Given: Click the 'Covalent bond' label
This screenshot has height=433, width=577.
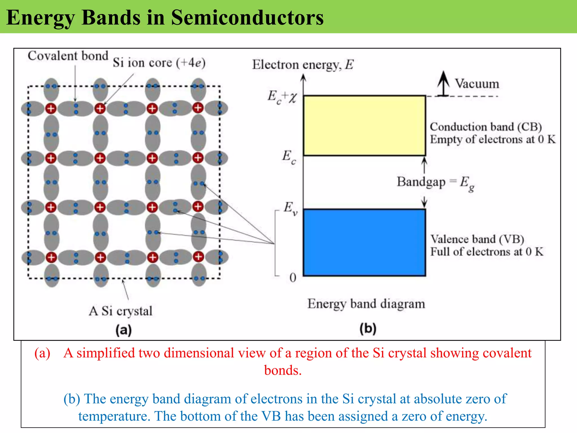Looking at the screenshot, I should click(x=68, y=56).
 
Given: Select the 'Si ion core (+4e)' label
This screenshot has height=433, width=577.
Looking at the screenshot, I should click(x=159, y=63).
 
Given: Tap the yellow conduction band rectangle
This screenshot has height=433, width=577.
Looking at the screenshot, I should click(x=364, y=125).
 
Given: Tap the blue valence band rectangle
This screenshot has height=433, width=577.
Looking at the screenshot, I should click(x=364, y=242).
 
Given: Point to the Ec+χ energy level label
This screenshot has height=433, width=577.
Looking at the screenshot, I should click(x=282, y=97).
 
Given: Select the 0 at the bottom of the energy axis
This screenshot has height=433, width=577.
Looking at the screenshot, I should click(x=293, y=278).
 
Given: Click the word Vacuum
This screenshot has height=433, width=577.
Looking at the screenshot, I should click(x=477, y=84).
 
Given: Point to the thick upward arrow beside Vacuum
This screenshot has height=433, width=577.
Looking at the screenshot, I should click(x=443, y=83).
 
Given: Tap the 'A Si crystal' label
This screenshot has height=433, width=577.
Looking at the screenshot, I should click(x=120, y=311).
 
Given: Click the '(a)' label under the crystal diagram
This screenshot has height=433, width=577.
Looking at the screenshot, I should click(x=123, y=330).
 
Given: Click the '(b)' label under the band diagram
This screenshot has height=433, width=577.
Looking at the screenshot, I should click(x=368, y=328).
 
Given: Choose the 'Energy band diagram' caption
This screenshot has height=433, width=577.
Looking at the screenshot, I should click(x=366, y=304).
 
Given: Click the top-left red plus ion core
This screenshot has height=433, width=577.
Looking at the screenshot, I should click(x=51, y=109).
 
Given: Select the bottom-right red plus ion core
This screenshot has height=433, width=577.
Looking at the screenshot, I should click(x=198, y=257).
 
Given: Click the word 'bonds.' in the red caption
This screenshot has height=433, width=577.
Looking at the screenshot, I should click(x=283, y=370).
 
